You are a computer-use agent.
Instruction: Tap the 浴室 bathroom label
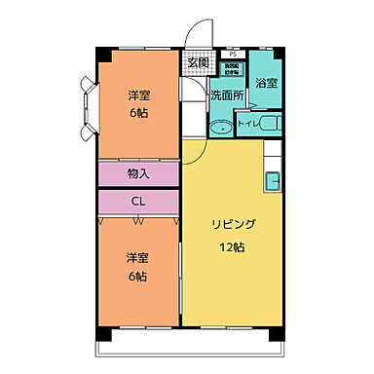tap(265, 84)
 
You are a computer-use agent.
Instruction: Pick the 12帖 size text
tap(231, 247)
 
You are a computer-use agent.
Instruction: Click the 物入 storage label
tap(138, 173)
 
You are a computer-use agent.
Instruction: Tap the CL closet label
tap(138, 202)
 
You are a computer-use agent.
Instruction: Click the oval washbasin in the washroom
tap(221, 127)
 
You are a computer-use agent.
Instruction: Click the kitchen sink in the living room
tap(272, 181)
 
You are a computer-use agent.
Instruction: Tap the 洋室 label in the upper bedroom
tap(138, 95)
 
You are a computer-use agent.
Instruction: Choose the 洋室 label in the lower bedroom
tap(137, 258)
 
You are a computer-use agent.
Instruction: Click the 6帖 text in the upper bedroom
tap(138, 113)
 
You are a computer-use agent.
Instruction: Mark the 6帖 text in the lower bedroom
tap(137, 277)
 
